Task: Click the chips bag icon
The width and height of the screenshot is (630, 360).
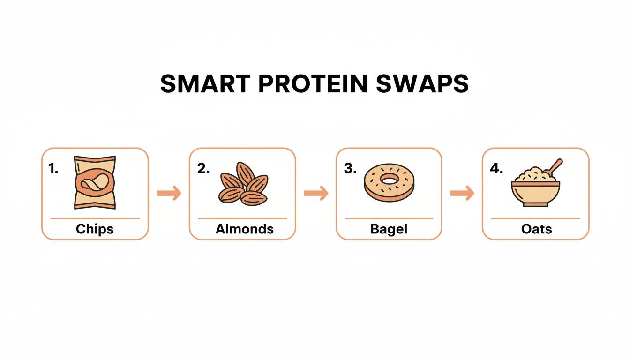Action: (x=95, y=182)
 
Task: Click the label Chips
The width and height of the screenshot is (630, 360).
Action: (x=95, y=229)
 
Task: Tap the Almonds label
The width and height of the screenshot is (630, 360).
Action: (x=244, y=229)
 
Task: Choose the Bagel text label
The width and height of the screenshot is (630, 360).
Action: (x=389, y=229)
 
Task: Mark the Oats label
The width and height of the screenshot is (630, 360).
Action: (x=536, y=229)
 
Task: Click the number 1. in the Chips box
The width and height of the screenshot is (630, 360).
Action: (x=54, y=169)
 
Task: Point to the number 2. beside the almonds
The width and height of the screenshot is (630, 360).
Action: (x=203, y=169)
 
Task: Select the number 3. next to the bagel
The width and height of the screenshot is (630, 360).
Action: (x=350, y=169)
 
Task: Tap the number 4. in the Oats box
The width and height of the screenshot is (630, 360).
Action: (x=496, y=169)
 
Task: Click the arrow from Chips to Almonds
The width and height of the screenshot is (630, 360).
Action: (x=169, y=193)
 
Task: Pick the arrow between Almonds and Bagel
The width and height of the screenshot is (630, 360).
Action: (x=316, y=193)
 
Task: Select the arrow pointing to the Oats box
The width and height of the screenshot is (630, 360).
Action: (x=462, y=193)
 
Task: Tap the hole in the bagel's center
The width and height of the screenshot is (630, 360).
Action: (x=388, y=178)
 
